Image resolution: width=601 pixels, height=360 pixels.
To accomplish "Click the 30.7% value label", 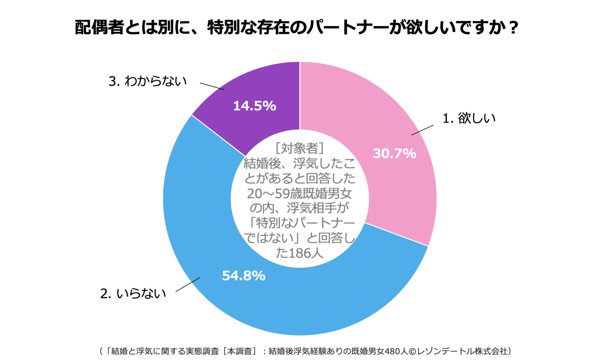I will point(394,154).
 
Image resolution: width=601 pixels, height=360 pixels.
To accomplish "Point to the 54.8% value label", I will point(244,276).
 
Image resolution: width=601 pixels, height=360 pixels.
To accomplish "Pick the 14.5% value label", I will point(254,106).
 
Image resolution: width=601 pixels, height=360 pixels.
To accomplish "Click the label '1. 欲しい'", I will point(469,118).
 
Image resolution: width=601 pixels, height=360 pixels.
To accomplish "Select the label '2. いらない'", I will point(133,294).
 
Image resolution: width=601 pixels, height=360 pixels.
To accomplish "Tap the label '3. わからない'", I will point(147,81).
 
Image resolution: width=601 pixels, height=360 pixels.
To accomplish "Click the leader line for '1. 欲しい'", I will point(422,130).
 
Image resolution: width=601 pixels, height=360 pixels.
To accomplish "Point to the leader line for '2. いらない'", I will point(188,284).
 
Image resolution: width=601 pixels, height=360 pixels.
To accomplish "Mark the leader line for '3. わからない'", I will point(212,86).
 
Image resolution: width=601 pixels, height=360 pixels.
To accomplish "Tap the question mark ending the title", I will point(514,28).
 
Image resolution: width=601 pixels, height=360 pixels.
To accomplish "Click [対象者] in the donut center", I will point(300,148).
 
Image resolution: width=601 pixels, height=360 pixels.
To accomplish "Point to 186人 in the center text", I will point(307,253).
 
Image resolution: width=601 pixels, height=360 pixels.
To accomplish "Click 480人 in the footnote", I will point(396,351).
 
